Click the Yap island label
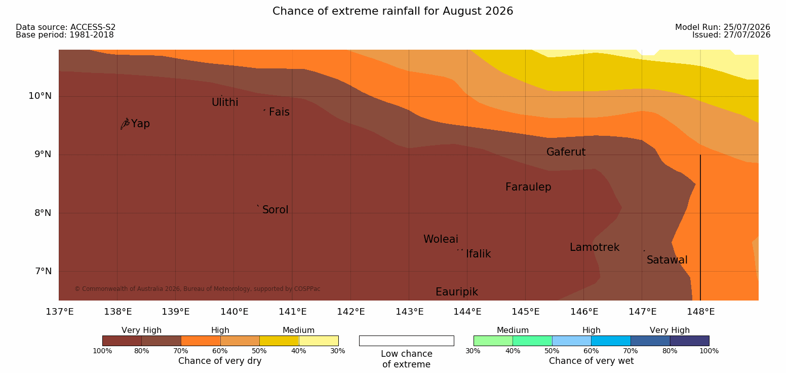point(140,124)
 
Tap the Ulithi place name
point(225,102)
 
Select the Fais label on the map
point(280,112)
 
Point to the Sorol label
point(276,210)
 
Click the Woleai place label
point(441,239)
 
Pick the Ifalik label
point(478,254)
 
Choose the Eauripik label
point(457,292)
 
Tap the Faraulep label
point(528,187)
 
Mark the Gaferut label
point(566,152)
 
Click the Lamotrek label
point(595,247)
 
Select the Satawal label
point(667,260)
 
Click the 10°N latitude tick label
point(40,96)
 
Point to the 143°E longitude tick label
point(410,312)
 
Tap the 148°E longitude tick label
point(701,312)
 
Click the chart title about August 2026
point(392,11)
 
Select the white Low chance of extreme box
point(406,341)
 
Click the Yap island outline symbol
point(125,124)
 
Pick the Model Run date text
point(723,27)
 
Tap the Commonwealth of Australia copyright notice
point(197,289)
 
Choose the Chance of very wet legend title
point(591,361)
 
